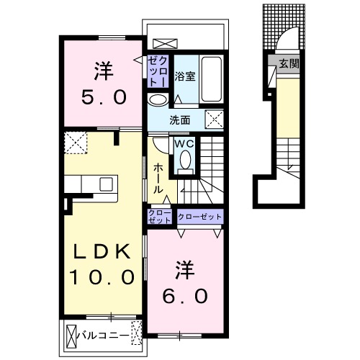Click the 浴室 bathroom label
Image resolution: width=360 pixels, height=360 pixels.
tap(184, 76)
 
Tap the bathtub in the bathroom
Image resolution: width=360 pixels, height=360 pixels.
tap(211, 79)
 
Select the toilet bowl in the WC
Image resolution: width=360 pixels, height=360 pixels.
tap(185, 160)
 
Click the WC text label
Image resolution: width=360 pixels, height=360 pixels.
tap(184, 144)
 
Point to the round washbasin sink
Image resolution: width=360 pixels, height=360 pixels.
tap(158, 100)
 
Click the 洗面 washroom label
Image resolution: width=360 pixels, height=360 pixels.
tap(180, 120)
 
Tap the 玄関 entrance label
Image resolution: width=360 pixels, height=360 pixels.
tap(289, 63)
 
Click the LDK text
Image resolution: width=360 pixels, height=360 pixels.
tap(102, 251)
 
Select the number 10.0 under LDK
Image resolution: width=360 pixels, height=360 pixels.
tap(102, 276)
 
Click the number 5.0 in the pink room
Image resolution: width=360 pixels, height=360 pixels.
tap(104, 97)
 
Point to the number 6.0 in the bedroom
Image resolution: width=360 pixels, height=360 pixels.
tap(185, 296)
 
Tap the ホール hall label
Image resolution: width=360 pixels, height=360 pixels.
tap(158, 179)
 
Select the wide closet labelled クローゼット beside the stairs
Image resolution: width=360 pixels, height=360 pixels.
tap(199, 217)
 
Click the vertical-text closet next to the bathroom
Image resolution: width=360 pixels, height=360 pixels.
tap(158, 71)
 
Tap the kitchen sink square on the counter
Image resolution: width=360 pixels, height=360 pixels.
tap(106, 184)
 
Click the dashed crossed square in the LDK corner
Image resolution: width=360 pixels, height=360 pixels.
tap(76, 143)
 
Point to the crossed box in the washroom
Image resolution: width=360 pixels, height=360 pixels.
tap(214, 120)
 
